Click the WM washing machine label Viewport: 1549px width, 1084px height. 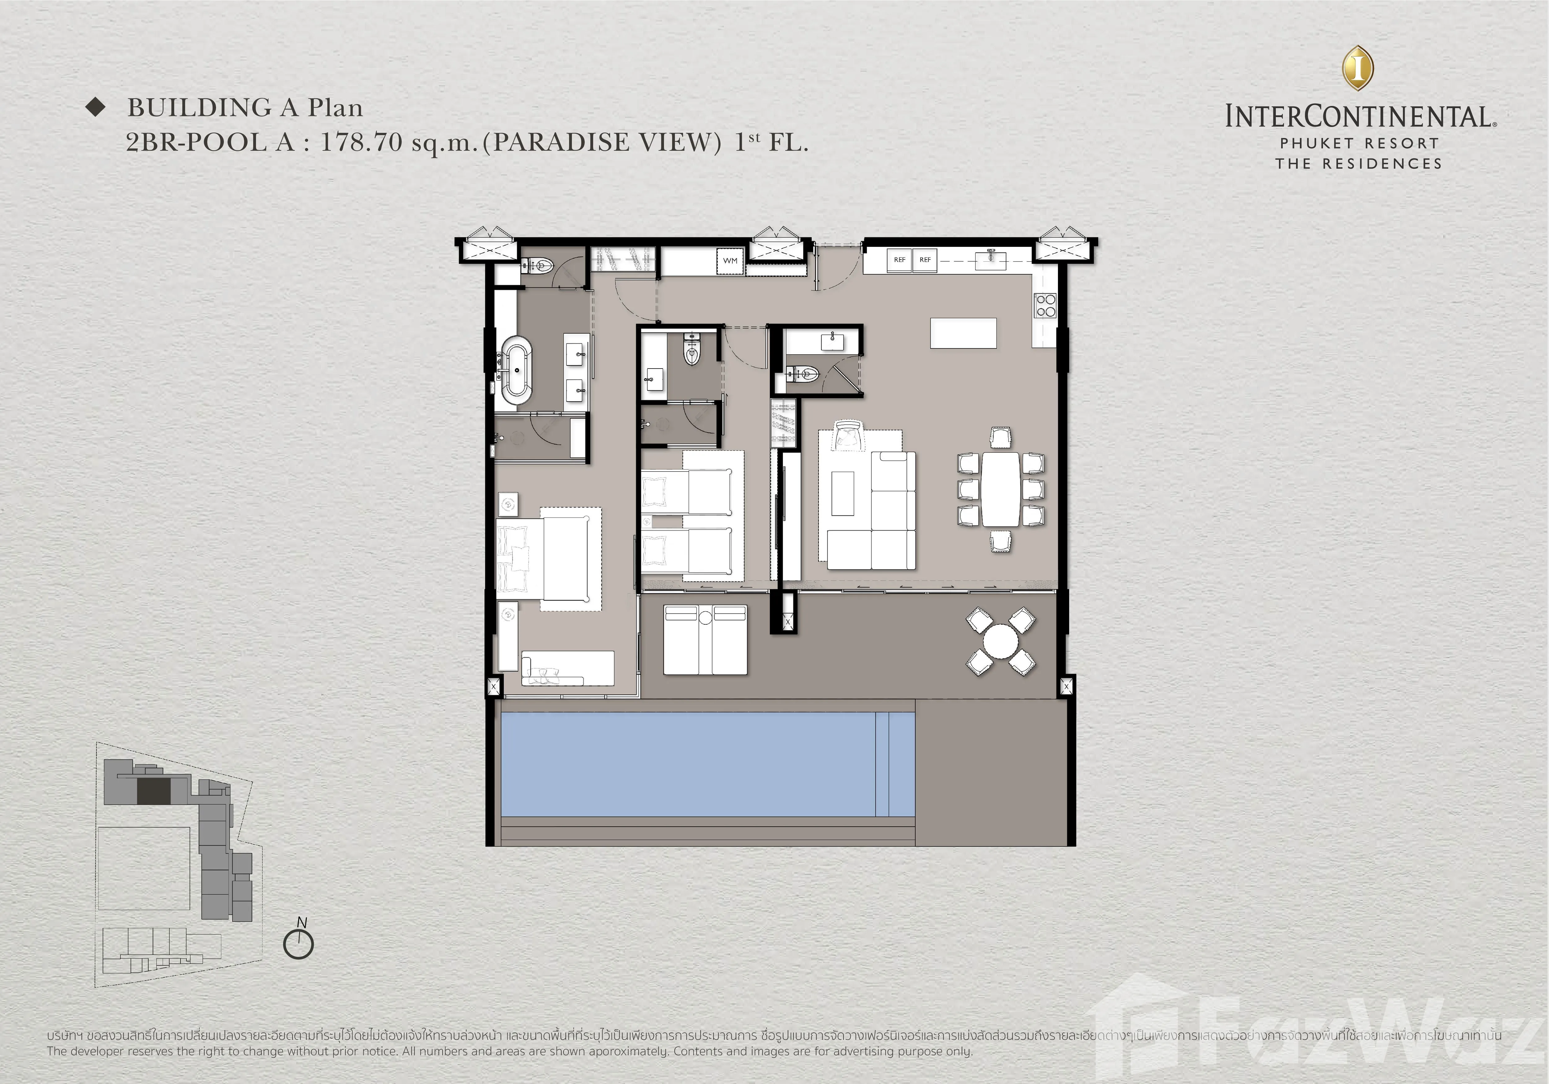(x=730, y=260)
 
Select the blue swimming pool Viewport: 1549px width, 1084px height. (x=707, y=764)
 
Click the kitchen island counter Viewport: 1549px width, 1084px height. (x=963, y=333)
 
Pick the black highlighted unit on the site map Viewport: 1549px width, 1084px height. (x=154, y=791)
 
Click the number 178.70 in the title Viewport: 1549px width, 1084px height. (x=361, y=142)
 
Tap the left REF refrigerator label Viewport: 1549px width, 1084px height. (x=899, y=260)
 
